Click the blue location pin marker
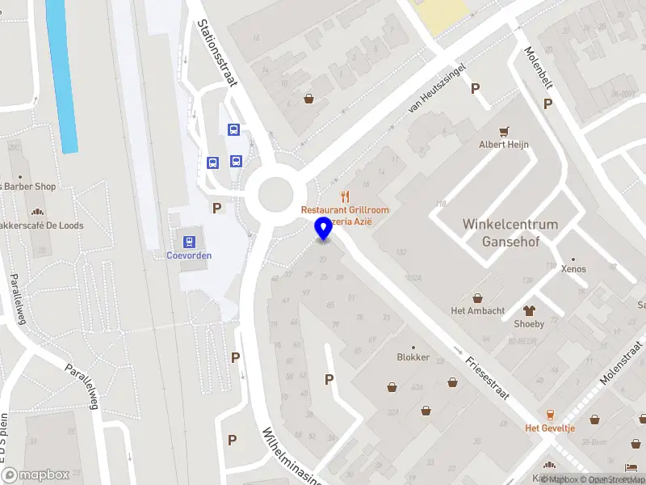[x=324, y=229]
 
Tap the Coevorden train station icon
[x=189, y=241]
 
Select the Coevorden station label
[x=189, y=255]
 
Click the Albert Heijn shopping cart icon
[x=505, y=131]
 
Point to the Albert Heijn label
[x=504, y=145]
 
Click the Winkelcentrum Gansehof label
[x=510, y=232]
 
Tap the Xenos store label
[x=573, y=269]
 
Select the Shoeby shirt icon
[x=530, y=310]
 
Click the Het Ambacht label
[x=478, y=311]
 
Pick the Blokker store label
[x=413, y=357]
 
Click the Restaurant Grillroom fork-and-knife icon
[x=345, y=196]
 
